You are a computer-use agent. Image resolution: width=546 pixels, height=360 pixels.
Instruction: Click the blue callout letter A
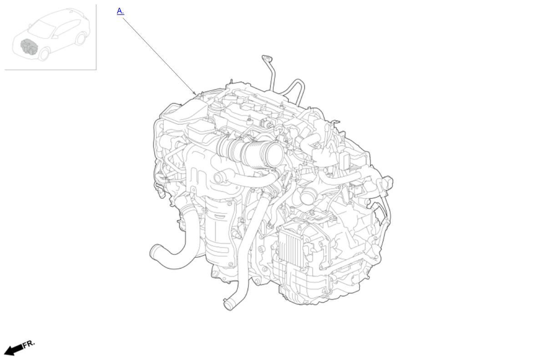point(120,11)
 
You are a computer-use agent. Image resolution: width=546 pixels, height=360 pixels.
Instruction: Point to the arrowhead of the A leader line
point(195,94)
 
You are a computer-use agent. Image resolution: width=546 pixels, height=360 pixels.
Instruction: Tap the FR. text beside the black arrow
point(29,344)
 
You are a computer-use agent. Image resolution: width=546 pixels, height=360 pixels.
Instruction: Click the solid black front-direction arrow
point(14,350)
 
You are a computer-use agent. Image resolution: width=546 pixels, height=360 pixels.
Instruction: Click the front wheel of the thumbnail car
point(44,54)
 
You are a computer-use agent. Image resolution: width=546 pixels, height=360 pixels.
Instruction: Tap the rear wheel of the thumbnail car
point(81,39)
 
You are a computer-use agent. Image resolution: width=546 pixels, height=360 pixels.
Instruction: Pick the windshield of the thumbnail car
point(41,29)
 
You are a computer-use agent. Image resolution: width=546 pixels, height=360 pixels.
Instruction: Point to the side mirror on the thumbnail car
point(30,25)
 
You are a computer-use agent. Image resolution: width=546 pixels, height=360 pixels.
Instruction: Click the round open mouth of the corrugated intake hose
point(275,154)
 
